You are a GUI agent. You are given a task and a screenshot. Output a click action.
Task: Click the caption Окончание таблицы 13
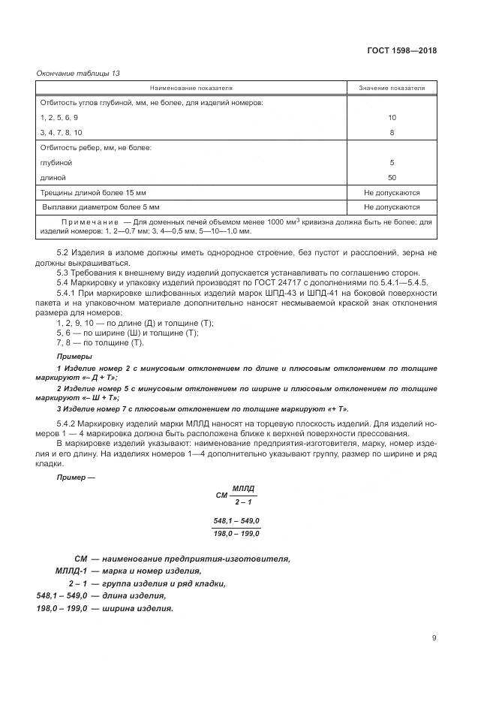78,73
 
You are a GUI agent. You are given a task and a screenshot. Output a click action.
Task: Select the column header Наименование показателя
191,88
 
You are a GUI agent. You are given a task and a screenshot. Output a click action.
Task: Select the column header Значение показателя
392,88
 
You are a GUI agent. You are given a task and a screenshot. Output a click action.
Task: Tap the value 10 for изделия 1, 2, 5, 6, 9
392,118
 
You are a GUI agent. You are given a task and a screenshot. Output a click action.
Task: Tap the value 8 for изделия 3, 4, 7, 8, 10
392,132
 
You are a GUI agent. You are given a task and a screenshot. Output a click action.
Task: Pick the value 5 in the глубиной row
392,162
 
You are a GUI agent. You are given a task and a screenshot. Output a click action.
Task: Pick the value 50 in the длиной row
392,177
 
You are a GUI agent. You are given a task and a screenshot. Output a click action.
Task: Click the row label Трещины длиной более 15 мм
94,192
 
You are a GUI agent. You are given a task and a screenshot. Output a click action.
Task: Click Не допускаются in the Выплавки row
392,206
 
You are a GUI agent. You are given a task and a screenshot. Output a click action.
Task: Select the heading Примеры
74,356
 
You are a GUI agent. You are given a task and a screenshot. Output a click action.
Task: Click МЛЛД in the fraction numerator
244,488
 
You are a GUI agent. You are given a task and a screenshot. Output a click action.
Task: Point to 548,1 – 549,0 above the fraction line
236,521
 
